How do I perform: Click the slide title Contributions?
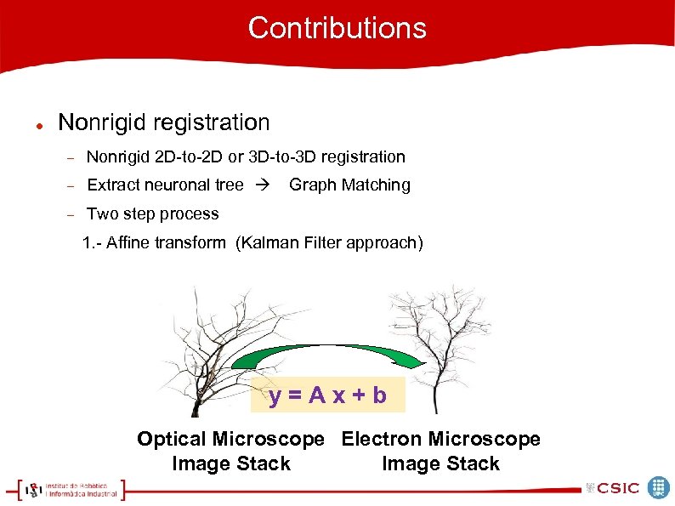pyautogui.click(x=337, y=28)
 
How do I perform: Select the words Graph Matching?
pyautogui.click(x=349, y=185)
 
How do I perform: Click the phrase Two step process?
pyautogui.click(x=153, y=214)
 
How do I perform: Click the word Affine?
pyautogui.click(x=128, y=243)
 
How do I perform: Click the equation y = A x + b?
pyautogui.click(x=328, y=395)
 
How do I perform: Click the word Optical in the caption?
pyautogui.click(x=171, y=440)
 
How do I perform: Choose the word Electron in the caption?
pyautogui.click(x=382, y=440)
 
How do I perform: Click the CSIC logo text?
pyautogui.click(x=618, y=488)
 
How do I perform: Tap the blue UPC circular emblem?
pyautogui.click(x=659, y=487)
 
